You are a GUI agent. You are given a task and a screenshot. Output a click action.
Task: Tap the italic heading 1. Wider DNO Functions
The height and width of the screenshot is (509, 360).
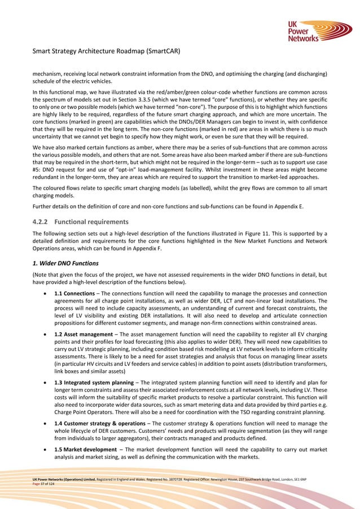65,262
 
